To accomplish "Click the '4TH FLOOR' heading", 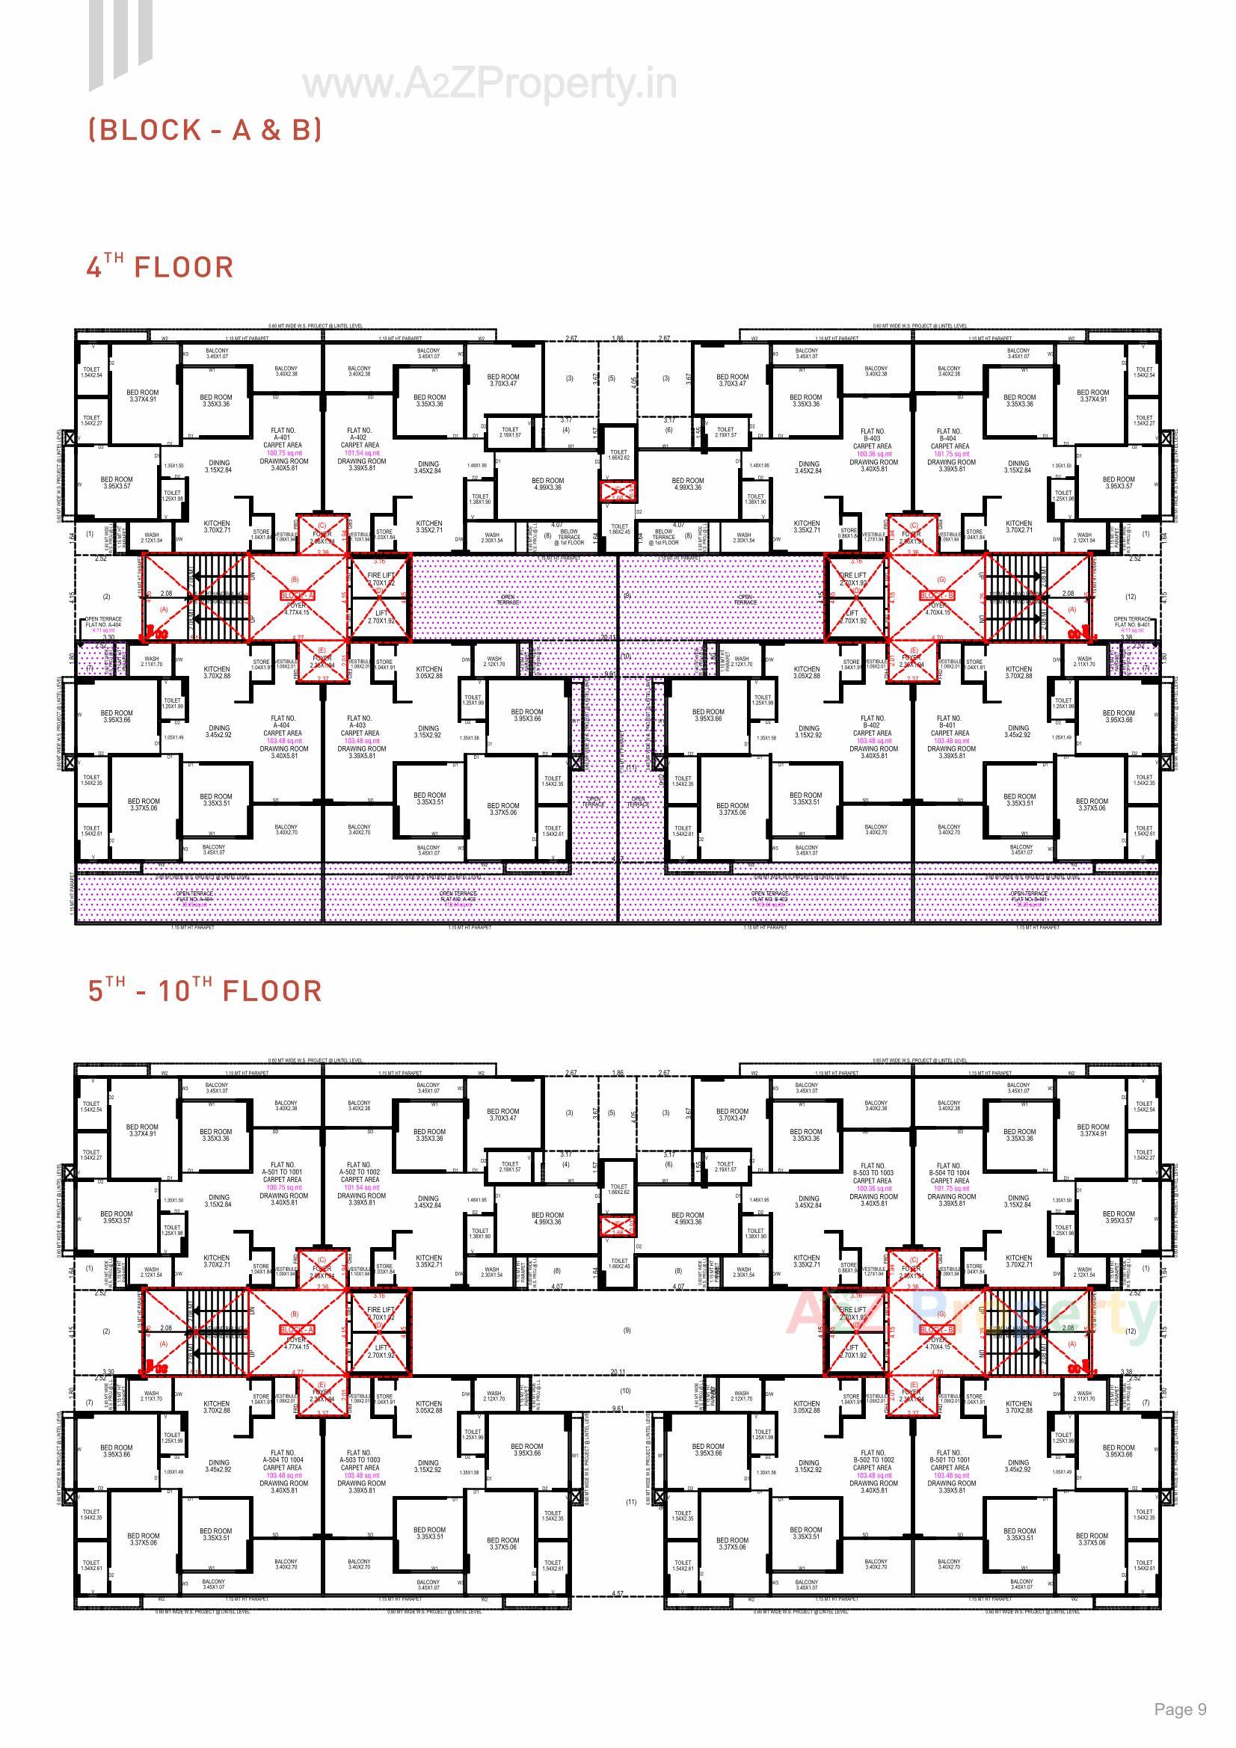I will pos(160,266).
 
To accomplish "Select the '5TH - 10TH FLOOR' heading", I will pos(205,991).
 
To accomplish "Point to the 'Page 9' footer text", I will pos(1180,1708).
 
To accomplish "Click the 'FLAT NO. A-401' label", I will pos(283,434).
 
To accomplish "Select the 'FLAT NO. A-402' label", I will pos(360,434).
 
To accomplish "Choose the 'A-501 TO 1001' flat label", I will pos(283,1172).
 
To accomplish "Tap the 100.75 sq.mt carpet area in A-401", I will pos(283,453).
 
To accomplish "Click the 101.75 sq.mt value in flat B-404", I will pos(950,454).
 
